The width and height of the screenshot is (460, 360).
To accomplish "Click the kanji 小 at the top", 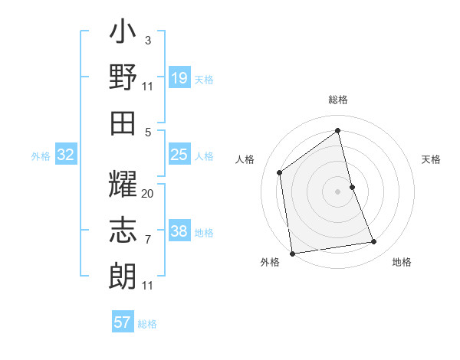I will click(123, 33).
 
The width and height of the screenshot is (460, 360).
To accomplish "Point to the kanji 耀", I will click(123, 185).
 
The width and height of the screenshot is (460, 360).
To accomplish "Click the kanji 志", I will click(123, 231).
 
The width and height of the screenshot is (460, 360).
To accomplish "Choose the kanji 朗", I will click(123, 276).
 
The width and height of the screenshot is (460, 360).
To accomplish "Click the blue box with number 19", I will click(179, 78).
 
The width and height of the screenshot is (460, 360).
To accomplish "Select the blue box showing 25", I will click(179, 155).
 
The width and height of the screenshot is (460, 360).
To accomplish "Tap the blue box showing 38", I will click(179, 231).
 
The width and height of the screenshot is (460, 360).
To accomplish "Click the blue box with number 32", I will click(66, 155).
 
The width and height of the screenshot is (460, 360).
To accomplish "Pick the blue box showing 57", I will click(123, 322).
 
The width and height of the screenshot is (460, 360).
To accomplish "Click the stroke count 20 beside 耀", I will click(148, 194).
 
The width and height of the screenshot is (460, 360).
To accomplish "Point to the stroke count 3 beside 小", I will click(148, 41).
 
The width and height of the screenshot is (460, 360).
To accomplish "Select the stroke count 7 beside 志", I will click(148, 240).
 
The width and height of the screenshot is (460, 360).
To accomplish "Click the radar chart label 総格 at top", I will click(338, 100).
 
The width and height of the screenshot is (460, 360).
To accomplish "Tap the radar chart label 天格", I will click(432, 159).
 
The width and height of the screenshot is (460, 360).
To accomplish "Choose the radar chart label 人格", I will click(245, 159).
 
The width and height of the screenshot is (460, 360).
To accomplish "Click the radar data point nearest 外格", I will click(292, 253).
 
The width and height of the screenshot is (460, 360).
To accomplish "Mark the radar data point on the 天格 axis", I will click(352, 186).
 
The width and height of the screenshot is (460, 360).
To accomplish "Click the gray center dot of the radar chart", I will click(338, 191).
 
